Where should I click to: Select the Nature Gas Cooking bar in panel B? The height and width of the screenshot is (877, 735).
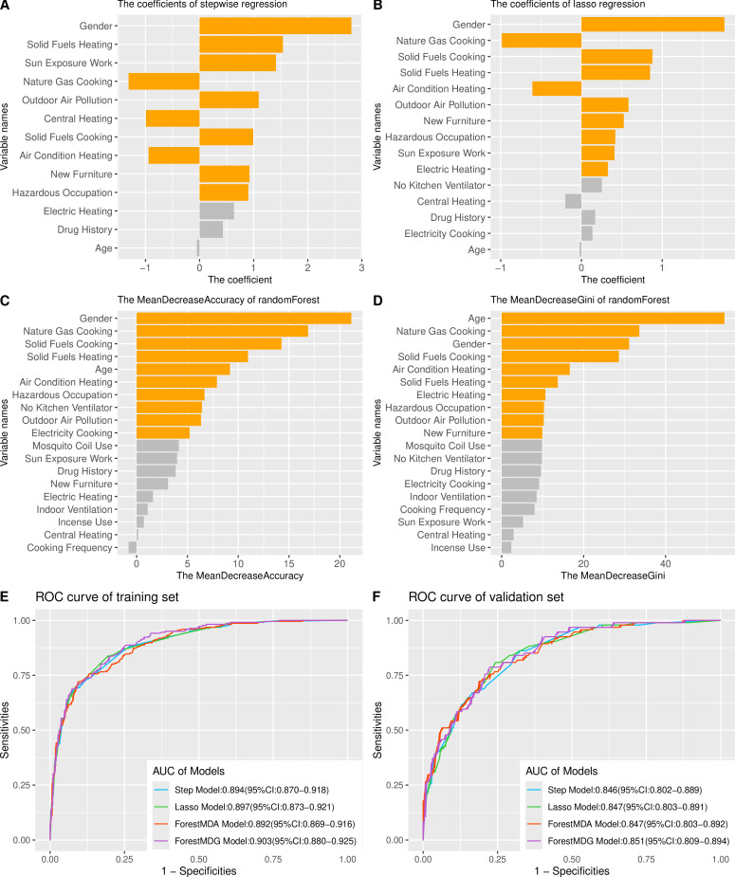541,40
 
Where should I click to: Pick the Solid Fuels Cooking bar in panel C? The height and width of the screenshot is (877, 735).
209,343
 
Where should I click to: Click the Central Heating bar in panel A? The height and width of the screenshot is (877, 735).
173,119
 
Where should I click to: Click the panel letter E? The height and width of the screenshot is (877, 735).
7,597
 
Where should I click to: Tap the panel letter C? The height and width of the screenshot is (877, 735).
7,300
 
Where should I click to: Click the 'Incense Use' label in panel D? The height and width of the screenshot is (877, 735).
462,547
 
